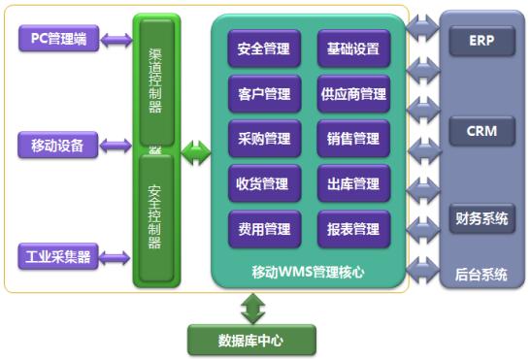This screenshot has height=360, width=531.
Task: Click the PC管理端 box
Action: [x=59, y=40]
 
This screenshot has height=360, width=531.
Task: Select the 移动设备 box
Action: [x=59, y=147]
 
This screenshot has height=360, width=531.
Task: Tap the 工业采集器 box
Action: [x=59, y=257]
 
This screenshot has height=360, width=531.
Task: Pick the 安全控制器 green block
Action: [x=155, y=218]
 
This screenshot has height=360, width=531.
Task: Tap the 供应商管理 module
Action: [x=353, y=94]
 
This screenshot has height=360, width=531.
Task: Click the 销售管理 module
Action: [x=353, y=139]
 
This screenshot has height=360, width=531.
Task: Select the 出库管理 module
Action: [x=353, y=183]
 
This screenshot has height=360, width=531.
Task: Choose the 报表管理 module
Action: [x=353, y=229]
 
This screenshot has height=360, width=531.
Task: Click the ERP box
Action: [x=481, y=41]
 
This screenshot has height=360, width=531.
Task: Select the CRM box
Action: [x=481, y=129]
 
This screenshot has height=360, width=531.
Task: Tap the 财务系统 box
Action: [x=481, y=218]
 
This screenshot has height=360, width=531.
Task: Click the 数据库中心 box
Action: [x=252, y=341]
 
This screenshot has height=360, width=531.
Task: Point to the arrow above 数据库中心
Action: [x=253, y=309]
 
